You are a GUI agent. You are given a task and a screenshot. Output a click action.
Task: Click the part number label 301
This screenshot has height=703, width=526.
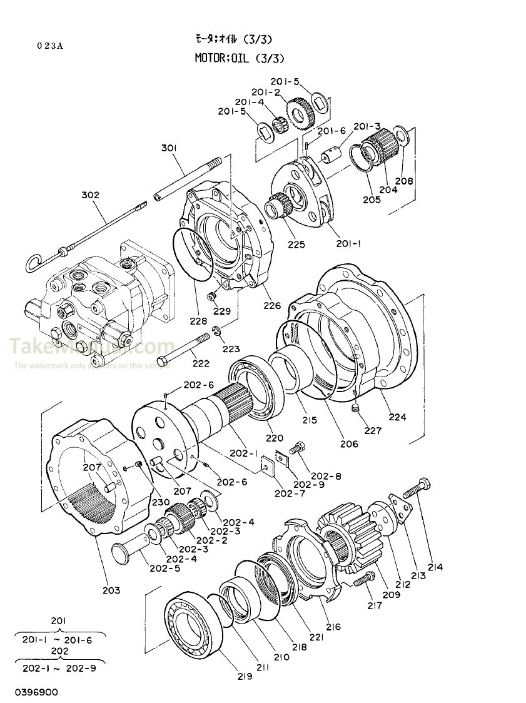pyautogui.click(x=169, y=148)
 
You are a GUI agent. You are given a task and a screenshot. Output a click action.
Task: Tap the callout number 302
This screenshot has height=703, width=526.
pyautogui.click(x=90, y=195)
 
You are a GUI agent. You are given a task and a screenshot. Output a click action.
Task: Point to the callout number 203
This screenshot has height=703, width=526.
pyautogui.click(x=111, y=590)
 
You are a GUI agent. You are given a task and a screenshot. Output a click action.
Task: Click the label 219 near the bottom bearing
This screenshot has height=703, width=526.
pyautogui.click(x=244, y=676)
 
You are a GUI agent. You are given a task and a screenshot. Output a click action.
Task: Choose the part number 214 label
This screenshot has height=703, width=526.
pyautogui.click(x=435, y=567)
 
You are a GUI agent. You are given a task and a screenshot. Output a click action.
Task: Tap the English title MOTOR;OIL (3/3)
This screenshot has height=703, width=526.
pyautogui.click(x=240, y=59)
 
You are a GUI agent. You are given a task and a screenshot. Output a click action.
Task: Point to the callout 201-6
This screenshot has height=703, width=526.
pyautogui.click(x=331, y=131)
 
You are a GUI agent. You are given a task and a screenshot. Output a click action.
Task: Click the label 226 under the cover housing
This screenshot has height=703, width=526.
pyautogui.click(x=272, y=306)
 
